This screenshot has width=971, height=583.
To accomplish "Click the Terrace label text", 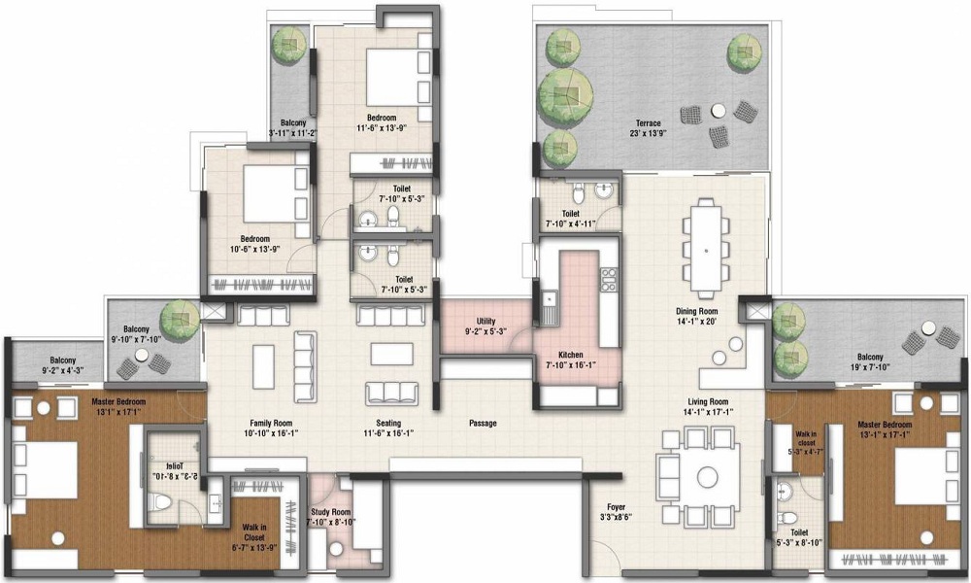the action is click(648, 123).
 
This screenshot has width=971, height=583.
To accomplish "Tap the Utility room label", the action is click(486, 321).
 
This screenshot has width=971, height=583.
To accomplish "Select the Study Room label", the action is click(331, 512).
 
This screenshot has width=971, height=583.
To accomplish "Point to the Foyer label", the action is click(617, 507).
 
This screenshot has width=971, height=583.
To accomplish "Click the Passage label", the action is click(483, 423).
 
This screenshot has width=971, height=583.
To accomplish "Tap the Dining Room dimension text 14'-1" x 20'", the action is click(696, 322).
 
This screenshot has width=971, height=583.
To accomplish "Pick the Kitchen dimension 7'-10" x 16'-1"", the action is click(571, 365).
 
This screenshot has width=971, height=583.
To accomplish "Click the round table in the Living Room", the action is click(707, 476).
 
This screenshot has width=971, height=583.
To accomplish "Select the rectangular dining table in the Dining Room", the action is click(707, 249).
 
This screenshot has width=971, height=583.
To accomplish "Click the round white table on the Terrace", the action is click(719, 110).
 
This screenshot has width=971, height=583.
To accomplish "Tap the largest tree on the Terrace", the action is click(564, 95).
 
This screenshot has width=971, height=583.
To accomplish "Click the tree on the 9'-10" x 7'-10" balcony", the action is click(180, 319).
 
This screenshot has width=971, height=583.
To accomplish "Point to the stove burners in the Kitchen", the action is click(609, 280).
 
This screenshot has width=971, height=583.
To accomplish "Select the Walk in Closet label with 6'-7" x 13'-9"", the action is click(253, 532).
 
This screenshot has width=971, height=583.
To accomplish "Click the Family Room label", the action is click(271, 424).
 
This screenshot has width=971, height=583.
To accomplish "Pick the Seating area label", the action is click(388, 424).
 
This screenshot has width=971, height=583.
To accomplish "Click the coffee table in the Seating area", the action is click(391, 354).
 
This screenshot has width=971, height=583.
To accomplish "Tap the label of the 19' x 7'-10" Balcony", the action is click(870, 357).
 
